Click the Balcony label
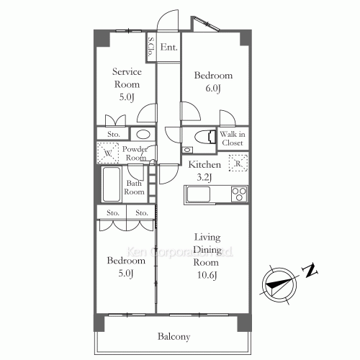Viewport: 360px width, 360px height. (x=174, y=336)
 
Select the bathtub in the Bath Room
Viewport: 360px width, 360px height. (x=112, y=184)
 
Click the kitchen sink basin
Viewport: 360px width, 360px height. (x=199, y=194)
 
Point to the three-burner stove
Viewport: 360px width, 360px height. (x=239, y=194)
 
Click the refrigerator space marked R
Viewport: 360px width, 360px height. (x=238, y=163)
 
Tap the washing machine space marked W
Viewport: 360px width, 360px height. (x=108, y=153)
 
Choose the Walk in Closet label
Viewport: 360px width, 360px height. (x=233, y=138)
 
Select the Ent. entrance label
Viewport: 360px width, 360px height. (x=168, y=47)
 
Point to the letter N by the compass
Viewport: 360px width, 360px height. (x=310, y=271)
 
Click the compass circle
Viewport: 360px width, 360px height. (x=279, y=285)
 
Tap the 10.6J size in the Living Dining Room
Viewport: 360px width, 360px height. (x=207, y=275)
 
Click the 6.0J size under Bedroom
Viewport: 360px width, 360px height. (x=213, y=89)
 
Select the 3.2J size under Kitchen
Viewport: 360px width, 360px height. (x=204, y=177)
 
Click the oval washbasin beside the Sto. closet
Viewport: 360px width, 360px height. (x=143, y=134)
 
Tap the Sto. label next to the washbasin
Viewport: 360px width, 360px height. (x=114, y=134)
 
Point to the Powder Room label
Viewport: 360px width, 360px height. (x=135, y=153)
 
